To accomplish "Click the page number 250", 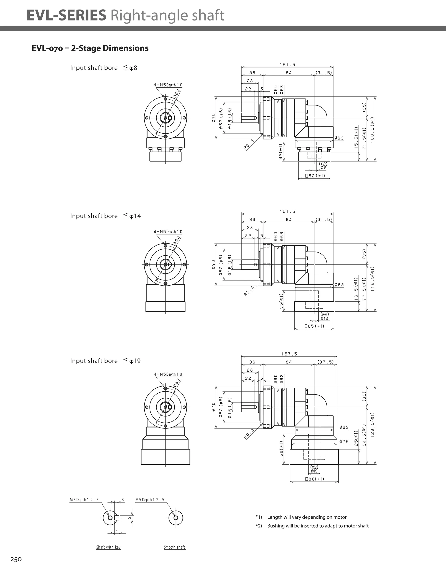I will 16,559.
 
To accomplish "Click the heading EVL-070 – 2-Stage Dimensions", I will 90,48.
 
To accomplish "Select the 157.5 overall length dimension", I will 289,354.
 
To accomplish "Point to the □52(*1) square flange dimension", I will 315,176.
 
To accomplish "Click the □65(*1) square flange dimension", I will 314,326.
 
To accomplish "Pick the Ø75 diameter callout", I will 344,442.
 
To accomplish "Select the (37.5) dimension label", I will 326,362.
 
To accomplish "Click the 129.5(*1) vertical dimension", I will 372,425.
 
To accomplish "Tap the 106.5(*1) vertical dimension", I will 372,130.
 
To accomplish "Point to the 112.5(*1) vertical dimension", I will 372,279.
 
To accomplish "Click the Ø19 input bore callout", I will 314,471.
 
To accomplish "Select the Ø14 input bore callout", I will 324,318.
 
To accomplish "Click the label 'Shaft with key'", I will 108,547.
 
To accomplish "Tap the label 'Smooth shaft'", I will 174,547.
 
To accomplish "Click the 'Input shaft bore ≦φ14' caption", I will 105,216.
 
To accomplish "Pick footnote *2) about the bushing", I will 312,526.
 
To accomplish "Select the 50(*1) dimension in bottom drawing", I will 281,449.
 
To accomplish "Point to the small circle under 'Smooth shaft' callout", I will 176,518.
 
